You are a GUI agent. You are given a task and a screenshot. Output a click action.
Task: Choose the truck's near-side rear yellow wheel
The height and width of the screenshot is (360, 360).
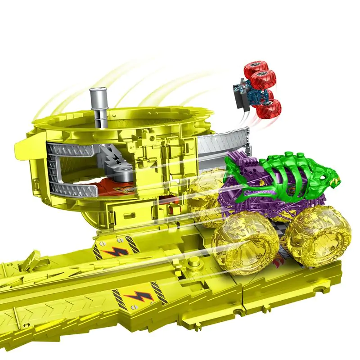(x=245, y=243)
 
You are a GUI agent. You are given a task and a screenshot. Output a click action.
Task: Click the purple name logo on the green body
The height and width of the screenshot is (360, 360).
(x=261, y=193)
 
